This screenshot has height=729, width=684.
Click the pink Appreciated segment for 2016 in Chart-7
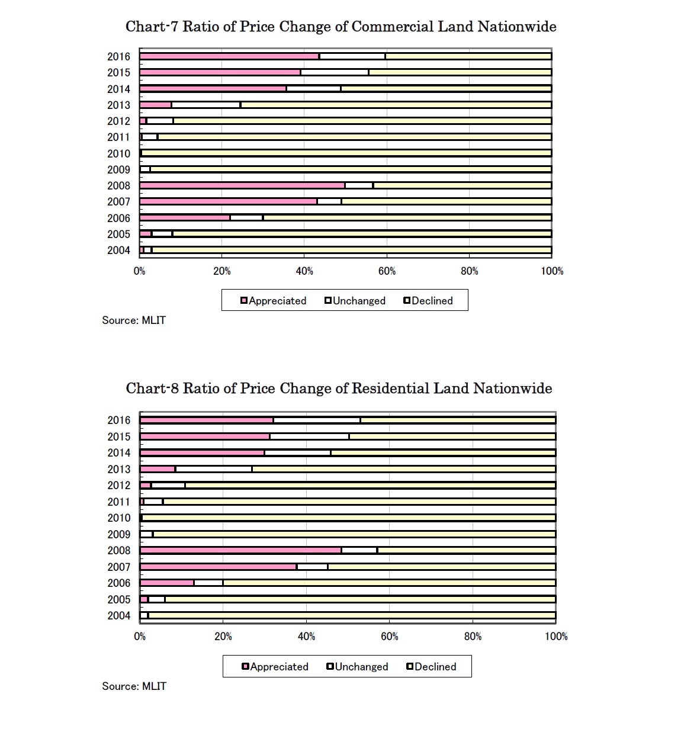229,56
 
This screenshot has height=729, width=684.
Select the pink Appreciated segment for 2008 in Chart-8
240,550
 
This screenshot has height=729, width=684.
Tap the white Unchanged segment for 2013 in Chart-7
205,105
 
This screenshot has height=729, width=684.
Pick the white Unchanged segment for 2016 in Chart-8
316,420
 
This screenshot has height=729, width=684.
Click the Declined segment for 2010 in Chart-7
346,153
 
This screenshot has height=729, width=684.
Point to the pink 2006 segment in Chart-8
167,583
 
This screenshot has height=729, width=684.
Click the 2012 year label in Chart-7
118,121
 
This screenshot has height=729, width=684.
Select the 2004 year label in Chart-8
118,615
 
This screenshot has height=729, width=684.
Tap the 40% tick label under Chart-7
304,271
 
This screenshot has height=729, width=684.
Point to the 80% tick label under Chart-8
473,637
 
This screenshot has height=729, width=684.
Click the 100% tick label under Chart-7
552,271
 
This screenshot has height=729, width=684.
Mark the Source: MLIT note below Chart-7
134,320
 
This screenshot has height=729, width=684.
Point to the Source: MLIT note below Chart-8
134,686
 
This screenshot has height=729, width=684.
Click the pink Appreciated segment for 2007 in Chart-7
228,201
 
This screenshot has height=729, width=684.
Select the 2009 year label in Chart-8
118,534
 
